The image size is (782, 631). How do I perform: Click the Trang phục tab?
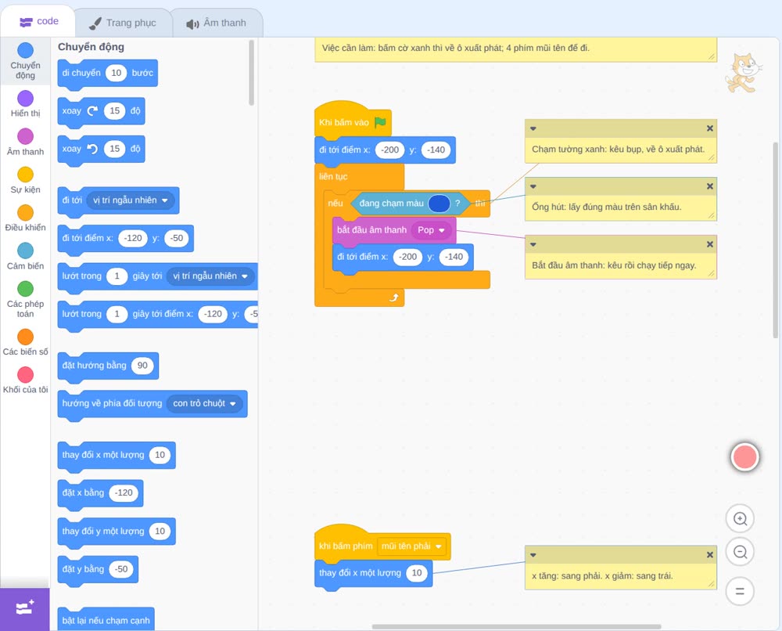(x=123, y=23)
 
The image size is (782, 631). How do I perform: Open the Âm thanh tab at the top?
(x=217, y=23)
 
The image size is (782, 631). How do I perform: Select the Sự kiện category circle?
(x=26, y=175)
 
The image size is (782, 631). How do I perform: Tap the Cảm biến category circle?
(x=26, y=251)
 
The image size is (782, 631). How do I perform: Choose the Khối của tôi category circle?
(x=26, y=374)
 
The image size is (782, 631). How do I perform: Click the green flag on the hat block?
(x=381, y=122)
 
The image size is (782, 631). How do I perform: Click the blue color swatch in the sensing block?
(x=439, y=204)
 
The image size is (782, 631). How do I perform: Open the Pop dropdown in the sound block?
(x=431, y=230)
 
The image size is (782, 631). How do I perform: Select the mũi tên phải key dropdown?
(x=411, y=546)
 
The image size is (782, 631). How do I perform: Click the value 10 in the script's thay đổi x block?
(x=417, y=573)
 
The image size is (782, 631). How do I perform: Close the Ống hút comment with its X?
(x=710, y=186)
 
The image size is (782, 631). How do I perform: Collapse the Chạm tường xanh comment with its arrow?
(x=533, y=129)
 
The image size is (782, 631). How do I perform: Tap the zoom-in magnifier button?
(x=740, y=519)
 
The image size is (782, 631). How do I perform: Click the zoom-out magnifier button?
(x=740, y=552)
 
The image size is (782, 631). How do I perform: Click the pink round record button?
(x=744, y=456)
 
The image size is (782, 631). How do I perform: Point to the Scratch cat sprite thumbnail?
(x=743, y=73)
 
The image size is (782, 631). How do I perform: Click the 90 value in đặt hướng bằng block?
(x=142, y=366)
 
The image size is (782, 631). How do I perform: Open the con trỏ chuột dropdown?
(x=204, y=403)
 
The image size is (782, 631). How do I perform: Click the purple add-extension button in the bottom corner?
(x=25, y=608)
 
